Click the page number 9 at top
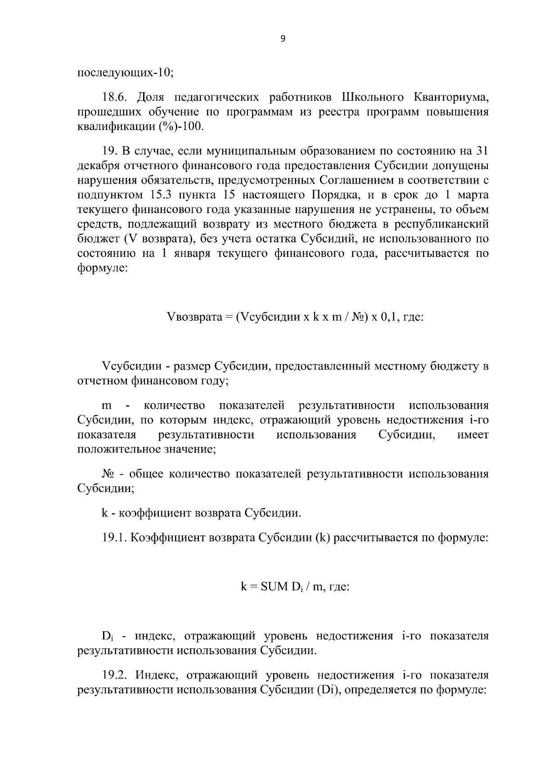coord(283,39)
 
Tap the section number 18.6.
coord(116,98)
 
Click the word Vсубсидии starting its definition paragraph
coord(130,367)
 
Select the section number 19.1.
coord(115,538)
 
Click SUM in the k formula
coord(272,587)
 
